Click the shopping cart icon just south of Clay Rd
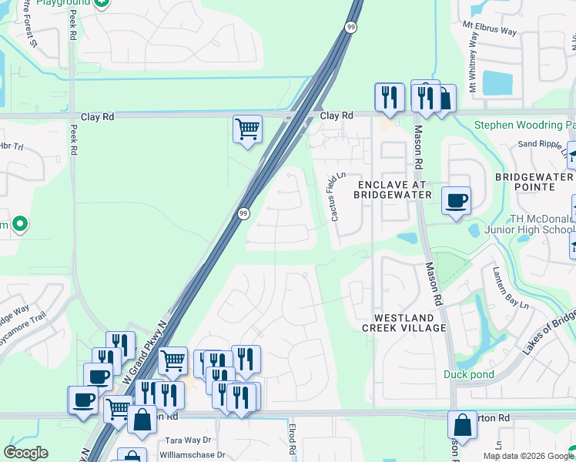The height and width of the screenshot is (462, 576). pyautogui.click(x=247, y=129)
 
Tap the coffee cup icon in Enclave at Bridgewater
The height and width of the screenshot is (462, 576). pyautogui.click(x=456, y=200)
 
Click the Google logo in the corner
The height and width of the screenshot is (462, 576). pyautogui.click(x=25, y=453)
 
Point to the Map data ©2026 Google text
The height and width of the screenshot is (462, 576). pyautogui.click(x=528, y=456)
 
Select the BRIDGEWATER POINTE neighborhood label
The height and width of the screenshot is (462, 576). pyautogui.click(x=535, y=182)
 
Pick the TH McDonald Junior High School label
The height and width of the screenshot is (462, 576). pyautogui.click(x=529, y=224)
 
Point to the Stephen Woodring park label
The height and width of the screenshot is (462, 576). pyautogui.click(x=524, y=125)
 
